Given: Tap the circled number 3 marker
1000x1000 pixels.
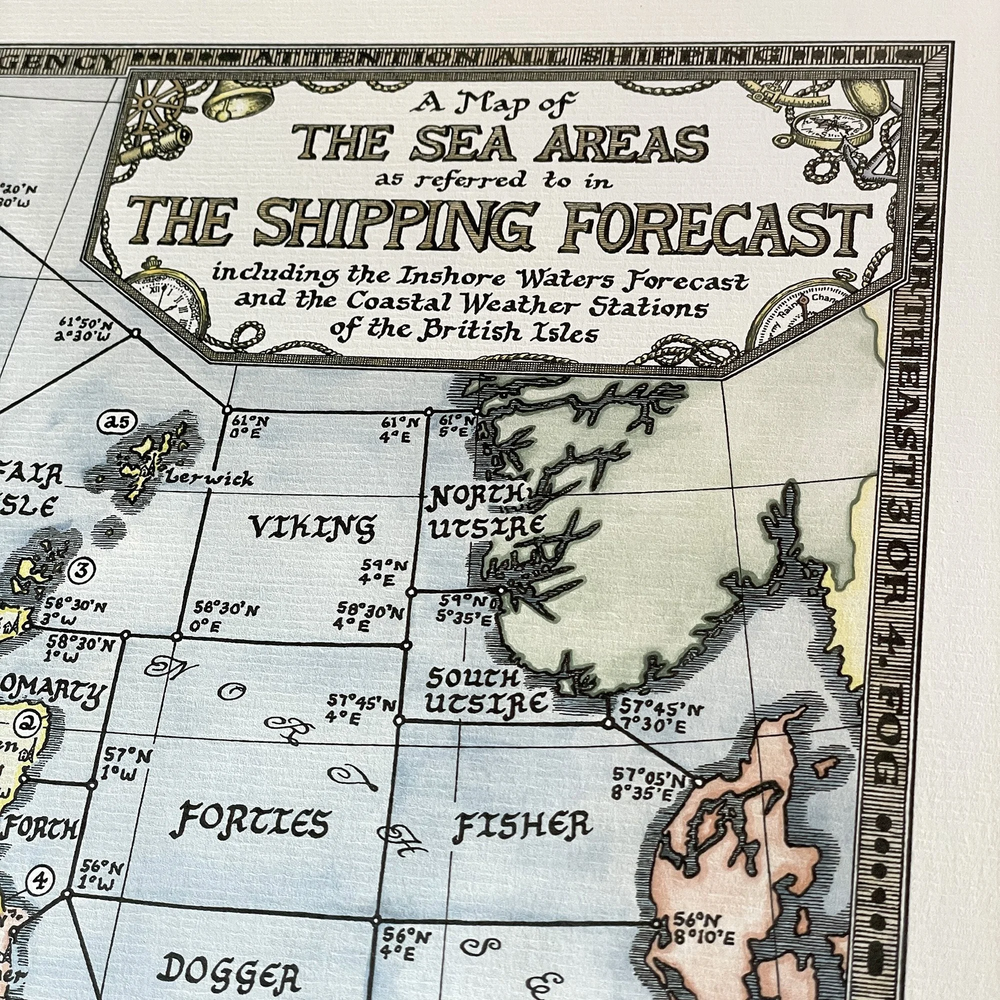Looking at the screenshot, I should click(x=82, y=570).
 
